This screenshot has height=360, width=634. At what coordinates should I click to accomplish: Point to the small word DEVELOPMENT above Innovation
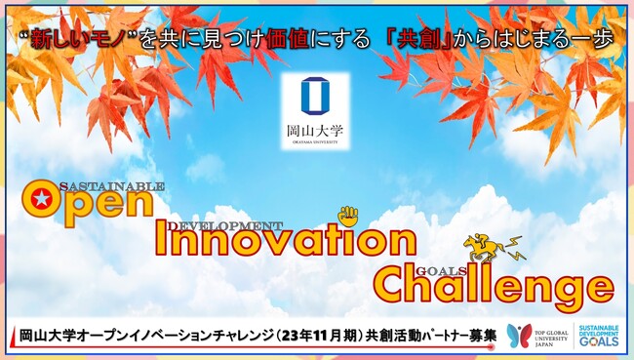tap(225, 225)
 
